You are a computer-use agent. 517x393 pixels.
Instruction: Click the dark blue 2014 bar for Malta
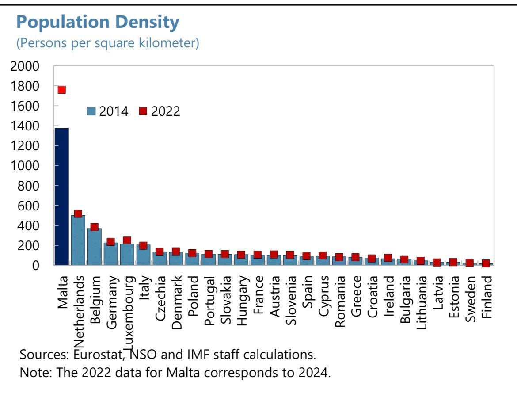pos(61,197)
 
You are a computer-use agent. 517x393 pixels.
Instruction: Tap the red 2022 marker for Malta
pos(61,90)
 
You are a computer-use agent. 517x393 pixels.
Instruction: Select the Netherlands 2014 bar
pos(78,241)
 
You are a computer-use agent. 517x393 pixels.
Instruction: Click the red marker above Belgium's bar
pos(94,227)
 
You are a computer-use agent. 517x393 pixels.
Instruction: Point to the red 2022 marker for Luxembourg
pos(127,240)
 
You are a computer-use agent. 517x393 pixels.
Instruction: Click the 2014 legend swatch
pos(92,111)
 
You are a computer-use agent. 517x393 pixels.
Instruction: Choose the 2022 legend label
pos(166,111)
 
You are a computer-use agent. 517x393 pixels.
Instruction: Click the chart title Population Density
pos(98,22)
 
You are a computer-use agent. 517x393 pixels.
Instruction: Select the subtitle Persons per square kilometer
pos(108,43)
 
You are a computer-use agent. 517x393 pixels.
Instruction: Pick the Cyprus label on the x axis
pos(323,294)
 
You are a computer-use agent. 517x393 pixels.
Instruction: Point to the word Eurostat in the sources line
pos(96,355)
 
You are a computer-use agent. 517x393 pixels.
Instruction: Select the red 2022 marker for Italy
pos(143,246)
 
